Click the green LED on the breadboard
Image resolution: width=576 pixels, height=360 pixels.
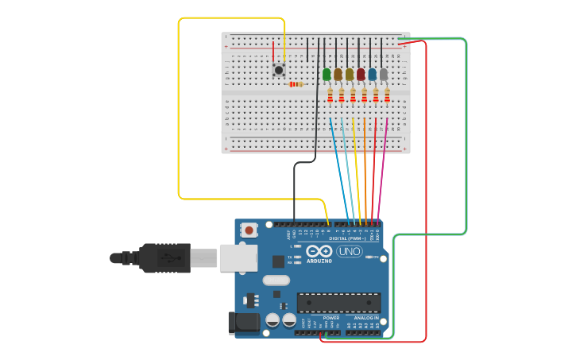(x=327, y=74)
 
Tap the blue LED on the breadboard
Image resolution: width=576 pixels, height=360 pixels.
(x=372, y=74)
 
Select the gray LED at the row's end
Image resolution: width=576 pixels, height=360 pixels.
(x=384, y=74)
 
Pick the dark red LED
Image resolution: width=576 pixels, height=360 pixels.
(x=361, y=74)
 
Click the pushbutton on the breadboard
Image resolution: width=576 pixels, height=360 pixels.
(x=279, y=70)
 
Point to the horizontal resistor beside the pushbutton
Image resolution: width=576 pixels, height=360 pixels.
(x=296, y=84)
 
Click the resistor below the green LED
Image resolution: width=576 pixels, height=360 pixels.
(x=331, y=95)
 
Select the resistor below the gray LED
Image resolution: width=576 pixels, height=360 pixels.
(x=387, y=95)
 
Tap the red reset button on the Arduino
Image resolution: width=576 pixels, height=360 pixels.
(x=249, y=230)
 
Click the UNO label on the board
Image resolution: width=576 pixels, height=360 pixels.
(x=350, y=251)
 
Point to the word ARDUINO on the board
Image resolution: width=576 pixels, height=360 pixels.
(x=319, y=261)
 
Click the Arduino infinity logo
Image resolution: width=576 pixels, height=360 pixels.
(x=319, y=251)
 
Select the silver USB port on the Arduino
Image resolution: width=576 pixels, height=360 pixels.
(x=238, y=257)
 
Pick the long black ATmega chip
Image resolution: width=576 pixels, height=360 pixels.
(x=338, y=302)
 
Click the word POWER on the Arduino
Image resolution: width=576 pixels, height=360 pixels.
(x=331, y=318)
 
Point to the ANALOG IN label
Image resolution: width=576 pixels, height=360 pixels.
(x=365, y=318)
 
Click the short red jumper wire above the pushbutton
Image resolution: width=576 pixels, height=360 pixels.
(x=273, y=50)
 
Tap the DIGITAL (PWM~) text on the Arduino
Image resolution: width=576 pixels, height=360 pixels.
(x=349, y=238)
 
